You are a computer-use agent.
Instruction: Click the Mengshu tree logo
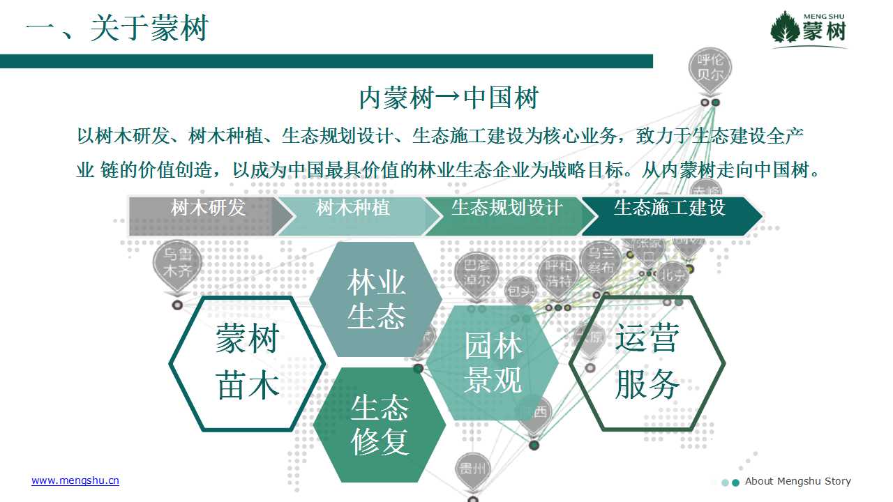[x=809, y=29]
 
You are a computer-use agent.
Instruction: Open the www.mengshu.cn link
[x=75, y=480]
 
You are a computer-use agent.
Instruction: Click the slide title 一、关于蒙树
[x=117, y=29]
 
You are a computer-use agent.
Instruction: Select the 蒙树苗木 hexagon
[x=247, y=363]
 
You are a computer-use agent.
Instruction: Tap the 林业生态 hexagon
[x=376, y=301]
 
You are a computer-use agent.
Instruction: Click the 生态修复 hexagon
[x=380, y=425]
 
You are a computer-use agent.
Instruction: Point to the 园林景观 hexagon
[x=493, y=363]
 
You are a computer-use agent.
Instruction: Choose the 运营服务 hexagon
[x=647, y=363]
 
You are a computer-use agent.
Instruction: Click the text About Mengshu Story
[x=797, y=481]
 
